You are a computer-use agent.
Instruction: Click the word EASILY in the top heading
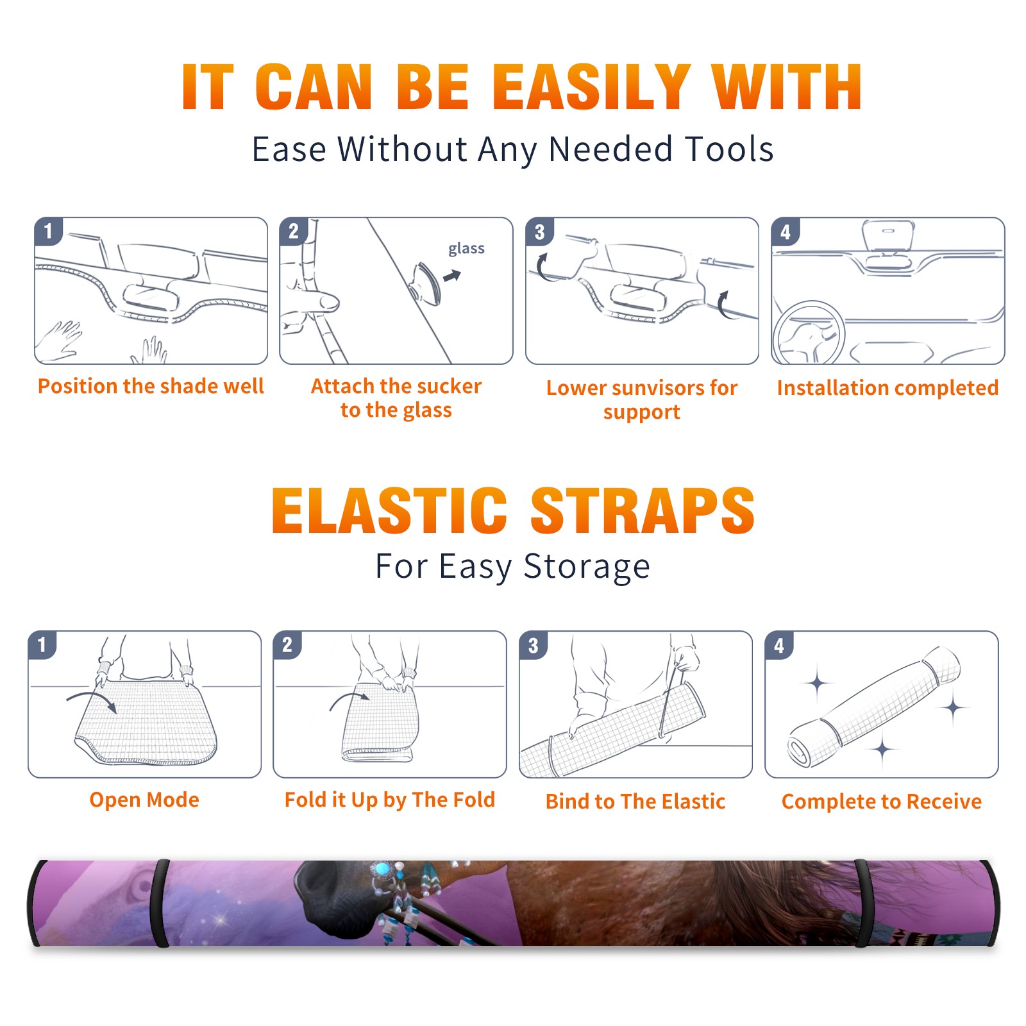(x=591, y=87)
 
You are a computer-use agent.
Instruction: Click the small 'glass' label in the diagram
(x=466, y=249)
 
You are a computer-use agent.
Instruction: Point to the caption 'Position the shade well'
(x=151, y=386)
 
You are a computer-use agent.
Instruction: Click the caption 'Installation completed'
(x=887, y=388)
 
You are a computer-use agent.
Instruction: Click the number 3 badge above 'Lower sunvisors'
(x=539, y=231)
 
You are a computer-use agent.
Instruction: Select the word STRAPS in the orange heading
(x=643, y=510)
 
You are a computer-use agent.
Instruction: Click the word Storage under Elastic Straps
(x=587, y=567)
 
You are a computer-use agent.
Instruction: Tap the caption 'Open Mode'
(x=144, y=800)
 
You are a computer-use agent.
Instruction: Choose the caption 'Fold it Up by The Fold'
(x=390, y=800)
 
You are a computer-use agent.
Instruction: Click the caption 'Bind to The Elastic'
(x=635, y=802)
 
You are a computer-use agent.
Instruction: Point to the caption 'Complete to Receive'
(x=882, y=802)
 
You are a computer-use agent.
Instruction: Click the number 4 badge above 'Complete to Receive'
(x=779, y=645)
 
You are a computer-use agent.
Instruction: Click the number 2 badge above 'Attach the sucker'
(x=293, y=231)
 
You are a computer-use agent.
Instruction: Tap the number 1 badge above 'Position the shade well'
(x=48, y=231)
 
